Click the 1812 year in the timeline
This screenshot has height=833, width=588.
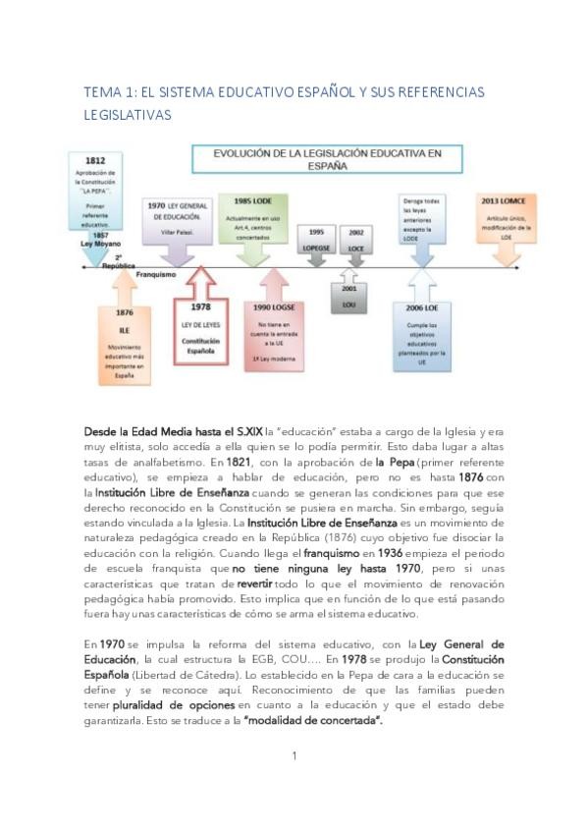point(95,159)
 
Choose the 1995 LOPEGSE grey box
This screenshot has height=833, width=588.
point(317,240)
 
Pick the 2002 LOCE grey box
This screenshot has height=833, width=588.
point(355,240)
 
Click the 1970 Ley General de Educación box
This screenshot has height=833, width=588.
point(179,218)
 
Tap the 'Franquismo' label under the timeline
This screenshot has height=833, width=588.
point(156,276)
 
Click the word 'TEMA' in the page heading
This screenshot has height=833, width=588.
point(100,92)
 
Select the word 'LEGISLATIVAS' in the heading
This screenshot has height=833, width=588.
point(128,115)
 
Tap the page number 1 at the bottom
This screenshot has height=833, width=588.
point(294,755)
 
